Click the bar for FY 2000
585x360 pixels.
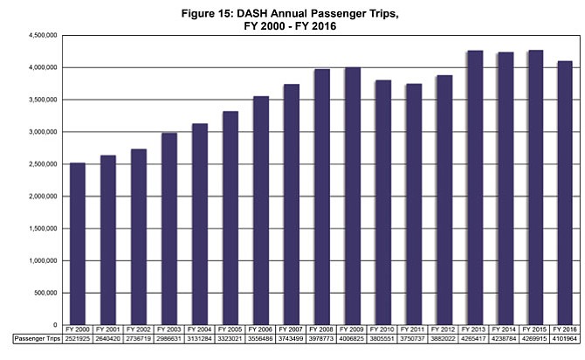pyautogui.click(x=78, y=244)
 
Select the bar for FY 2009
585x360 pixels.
pyautogui.click(x=353, y=196)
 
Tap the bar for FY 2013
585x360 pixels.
pyautogui.click(x=475, y=188)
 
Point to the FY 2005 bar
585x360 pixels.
pyautogui.click(x=231, y=218)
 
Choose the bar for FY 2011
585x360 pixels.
pyautogui.click(x=414, y=204)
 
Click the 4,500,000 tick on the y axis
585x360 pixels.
pyautogui.click(x=43, y=36)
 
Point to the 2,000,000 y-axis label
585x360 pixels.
pyautogui.click(x=43, y=197)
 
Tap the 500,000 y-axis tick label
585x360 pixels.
pyautogui.click(x=45, y=293)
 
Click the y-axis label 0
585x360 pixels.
pyautogui.click(x=55, y=325)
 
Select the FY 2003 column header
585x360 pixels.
pyautogui.click(x=169, y=329)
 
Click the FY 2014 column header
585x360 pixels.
pyautogui.click(x=504, y=329)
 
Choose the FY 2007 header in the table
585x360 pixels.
pyautogui.click(x=291, y=329)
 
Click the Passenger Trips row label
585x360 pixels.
pyautogui.click(x=38, y=339)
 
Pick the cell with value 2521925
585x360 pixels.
pyautogui.click(x=78, y=339)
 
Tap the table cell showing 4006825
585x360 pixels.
pyautogui.click(x=352, y=339)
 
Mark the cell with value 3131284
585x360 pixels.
pyautogui.click(x=200, y=339)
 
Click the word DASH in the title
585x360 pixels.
pyautogui.click(x=252, y=13)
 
